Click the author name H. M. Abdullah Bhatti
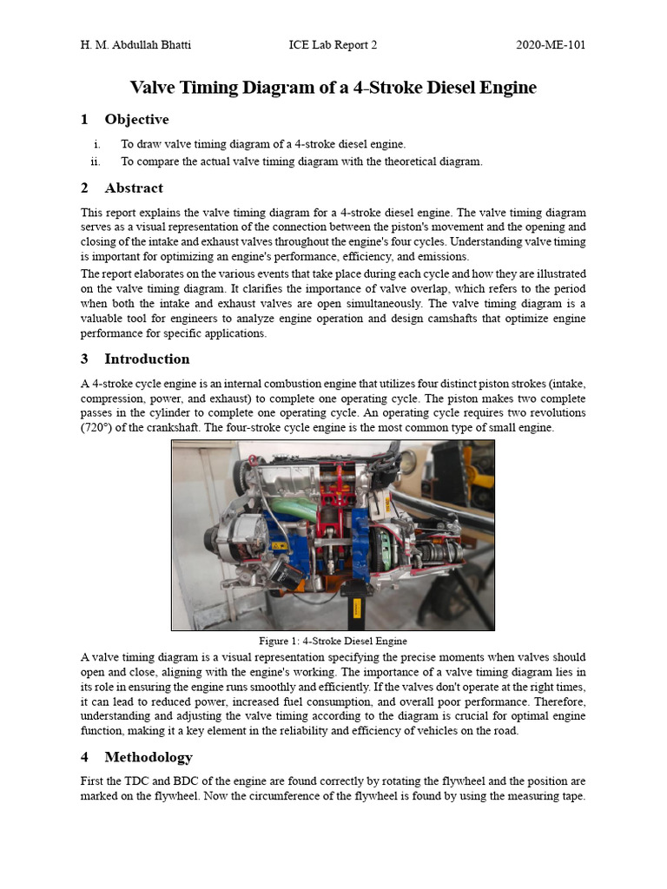click(x=137, y=45)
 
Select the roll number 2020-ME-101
click(x=551, y=45)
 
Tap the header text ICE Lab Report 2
click(x=333, y=45)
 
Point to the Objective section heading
click(x=136, y=119)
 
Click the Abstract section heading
click(x=134, y=188)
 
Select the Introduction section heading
click(x=147, y=359)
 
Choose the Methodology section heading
click(x=149, y=758)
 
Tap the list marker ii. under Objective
click(x=96, y=161)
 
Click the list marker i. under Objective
click(x=97, y=144)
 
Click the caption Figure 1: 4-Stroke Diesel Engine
click(x=333, y=641)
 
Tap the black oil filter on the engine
click(x=286, y=572)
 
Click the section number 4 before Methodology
click(x=84, y=758)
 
